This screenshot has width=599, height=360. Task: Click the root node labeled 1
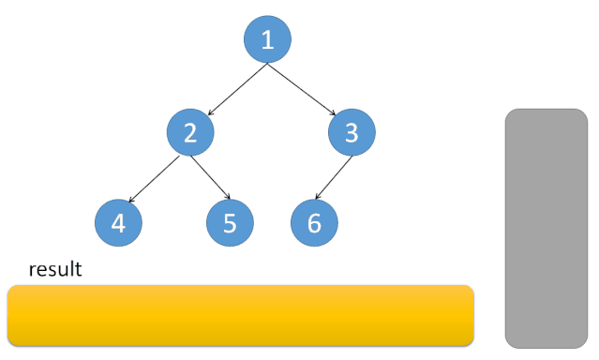click(x=267, y=40)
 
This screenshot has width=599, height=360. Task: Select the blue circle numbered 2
click(x=191, y=132)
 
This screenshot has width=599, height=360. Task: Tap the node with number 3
click(x=352, y=132)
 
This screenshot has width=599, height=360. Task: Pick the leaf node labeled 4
click(x=118, y=223)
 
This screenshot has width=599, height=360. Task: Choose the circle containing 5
click(x=230, y=223)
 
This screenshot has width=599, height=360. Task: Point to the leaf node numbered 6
click(x=314, y=223)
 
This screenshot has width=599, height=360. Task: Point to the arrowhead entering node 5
click(x=226, y=199)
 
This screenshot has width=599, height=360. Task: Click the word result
click(x=55, y=270)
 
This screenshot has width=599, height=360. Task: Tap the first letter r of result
click(x=33, y=271)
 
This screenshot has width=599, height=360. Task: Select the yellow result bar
click(x=240, y=315)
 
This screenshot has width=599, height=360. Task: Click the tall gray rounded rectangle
click(x=546, y=228)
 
